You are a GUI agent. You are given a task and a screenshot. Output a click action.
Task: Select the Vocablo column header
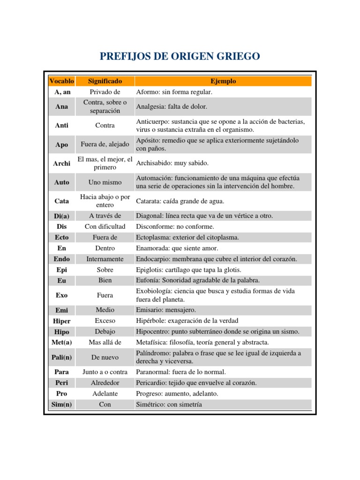pos(61,81)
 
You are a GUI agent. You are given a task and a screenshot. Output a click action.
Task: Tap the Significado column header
pos(105,81)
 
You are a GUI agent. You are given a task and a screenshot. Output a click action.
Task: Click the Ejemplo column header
pos(223,81)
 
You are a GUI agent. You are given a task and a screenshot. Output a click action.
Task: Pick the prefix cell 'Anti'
pos(61,126)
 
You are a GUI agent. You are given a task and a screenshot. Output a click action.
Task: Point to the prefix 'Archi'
pos(61,163)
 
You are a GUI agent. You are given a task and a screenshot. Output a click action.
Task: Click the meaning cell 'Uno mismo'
pos(105,182)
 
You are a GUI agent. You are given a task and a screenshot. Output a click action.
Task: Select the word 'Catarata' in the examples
pos(148,201)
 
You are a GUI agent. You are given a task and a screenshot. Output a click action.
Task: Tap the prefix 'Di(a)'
pos(61,216)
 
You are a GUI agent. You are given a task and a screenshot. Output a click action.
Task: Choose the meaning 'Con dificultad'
pos(105,226)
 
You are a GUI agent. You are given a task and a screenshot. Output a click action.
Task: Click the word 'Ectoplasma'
pos(153,237)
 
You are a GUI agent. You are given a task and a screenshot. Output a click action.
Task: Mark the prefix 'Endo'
pos(61,259)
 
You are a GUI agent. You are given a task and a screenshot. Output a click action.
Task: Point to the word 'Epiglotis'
pos(150,270)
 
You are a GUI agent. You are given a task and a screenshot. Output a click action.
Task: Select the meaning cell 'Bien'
pos(105,280)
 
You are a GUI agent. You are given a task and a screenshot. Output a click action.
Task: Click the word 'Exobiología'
pos(153,291)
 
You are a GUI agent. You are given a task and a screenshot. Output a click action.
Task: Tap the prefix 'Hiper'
pos(61,321)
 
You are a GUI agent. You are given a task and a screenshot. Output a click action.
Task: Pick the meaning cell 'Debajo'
pos(105,332)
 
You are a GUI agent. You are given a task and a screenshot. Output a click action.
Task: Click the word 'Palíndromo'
pos(153,353)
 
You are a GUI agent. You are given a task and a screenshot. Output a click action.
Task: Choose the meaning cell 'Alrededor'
pos(105,382)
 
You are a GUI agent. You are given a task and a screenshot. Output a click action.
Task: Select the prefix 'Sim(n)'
pos(61,404)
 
